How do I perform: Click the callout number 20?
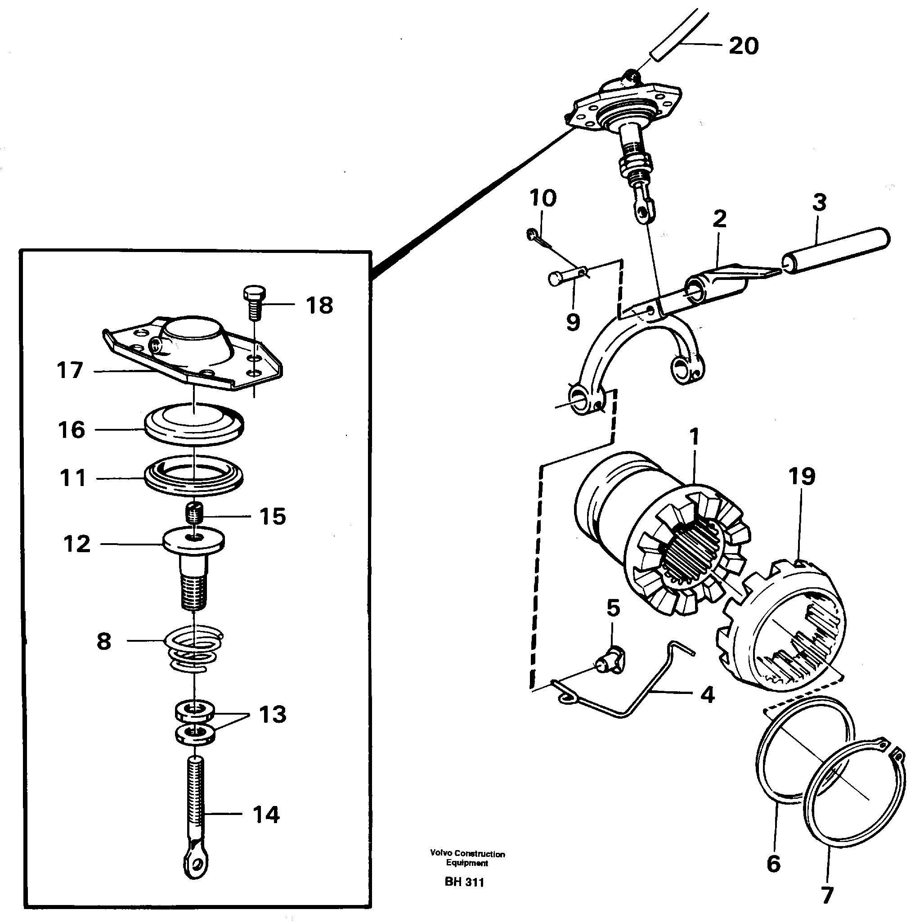point(743,46)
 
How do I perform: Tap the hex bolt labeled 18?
point(254,303)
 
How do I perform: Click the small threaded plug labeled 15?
point(194,515)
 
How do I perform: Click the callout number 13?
point(272,714)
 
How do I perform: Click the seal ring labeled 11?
point(194,476)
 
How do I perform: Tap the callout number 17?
point(70,370)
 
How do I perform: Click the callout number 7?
point(827,894)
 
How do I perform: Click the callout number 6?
point(774,863)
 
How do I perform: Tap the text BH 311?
point(464,882)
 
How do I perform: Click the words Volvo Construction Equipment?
point(467,858)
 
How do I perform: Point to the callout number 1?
point(695,436)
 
